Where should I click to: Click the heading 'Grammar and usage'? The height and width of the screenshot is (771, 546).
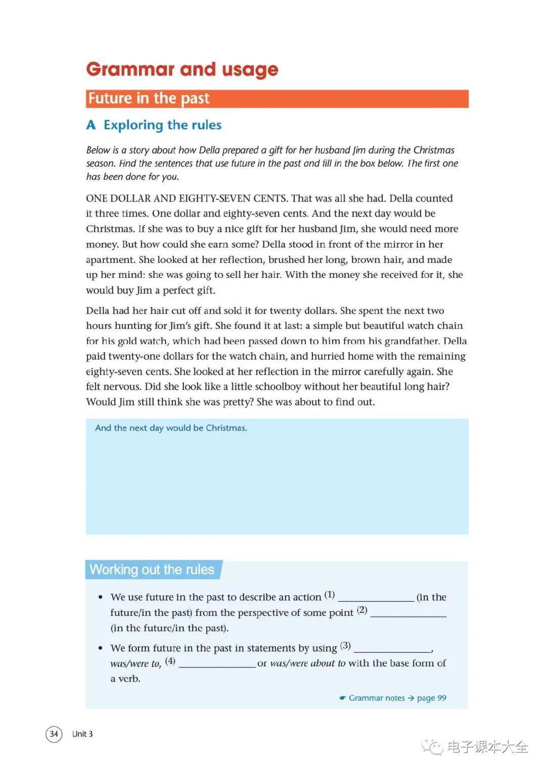click(x=182, y=69)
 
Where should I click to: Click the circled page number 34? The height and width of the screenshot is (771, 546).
click(x=54, y=734)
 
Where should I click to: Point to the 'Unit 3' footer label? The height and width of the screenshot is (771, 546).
click(x=82, y=734)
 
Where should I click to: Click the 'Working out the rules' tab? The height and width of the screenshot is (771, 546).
click(x=152, y=570)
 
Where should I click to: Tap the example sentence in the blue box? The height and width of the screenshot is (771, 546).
click(x=171, y=428)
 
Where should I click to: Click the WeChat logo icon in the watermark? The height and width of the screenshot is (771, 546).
click(x=432, y=746)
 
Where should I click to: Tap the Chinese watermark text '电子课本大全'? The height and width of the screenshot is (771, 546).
click(x=487, y=746)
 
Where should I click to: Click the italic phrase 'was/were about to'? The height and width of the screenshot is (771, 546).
click(x=308, y=663)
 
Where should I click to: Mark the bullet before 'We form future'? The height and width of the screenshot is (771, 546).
click(x=101, y=648)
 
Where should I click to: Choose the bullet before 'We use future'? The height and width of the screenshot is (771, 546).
click(x=101, y=598)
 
